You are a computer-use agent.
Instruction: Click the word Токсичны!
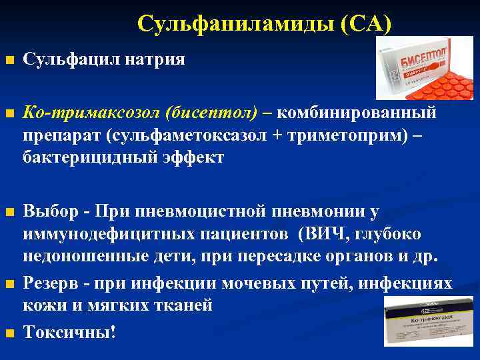click(x=70, y=331)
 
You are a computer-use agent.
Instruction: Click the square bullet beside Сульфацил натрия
click(x=9, y=61)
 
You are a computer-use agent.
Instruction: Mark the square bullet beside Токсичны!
click(x=9, y=331)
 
